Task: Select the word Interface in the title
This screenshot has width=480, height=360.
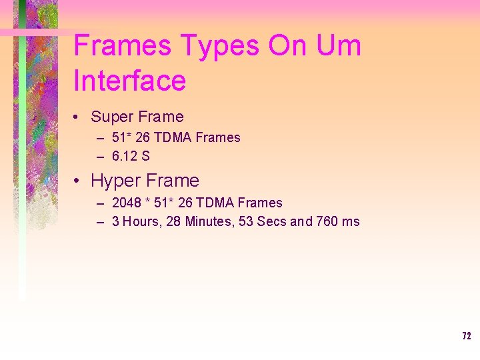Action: (130, 81)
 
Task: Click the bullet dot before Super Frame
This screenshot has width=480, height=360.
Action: (78, 117)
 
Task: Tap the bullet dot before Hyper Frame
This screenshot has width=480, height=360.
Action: (78, 181)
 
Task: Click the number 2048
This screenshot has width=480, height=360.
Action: (126, 203)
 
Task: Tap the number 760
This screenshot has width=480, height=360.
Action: (327, 222)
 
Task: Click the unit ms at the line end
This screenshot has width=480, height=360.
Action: (351, 222)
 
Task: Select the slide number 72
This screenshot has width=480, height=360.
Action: (467, 336)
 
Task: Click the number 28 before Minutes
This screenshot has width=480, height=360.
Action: (173, 222)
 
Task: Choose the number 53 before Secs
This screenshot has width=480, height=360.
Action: (246, 222)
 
